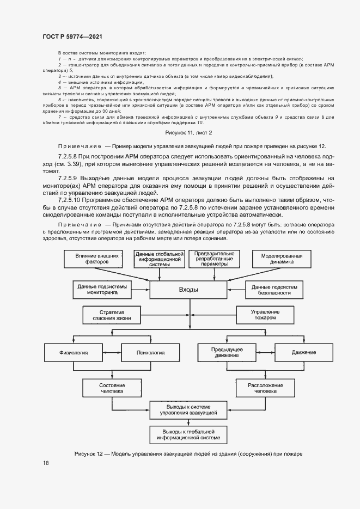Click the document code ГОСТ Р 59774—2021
(72, 35)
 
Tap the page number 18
(46, 463)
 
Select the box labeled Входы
(188, 290)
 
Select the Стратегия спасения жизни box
(112, 315)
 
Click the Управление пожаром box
(265, 315)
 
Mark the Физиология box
(74, 352)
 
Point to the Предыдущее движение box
(227, 352)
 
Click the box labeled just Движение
(303, 352)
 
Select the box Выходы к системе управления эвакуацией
(188, 410)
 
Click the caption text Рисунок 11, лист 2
(188, 132)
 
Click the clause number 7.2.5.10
(70, 200)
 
